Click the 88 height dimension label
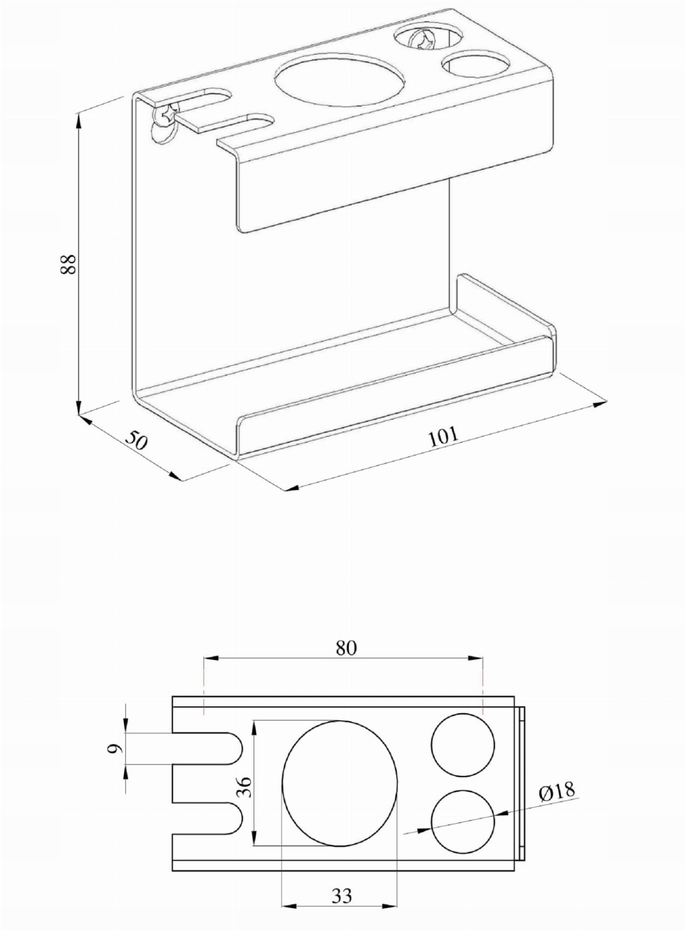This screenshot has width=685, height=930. tap(68, 264)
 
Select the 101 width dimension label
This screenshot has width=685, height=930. tap(444, 436)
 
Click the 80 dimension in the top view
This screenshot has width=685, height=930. tap(346, 648)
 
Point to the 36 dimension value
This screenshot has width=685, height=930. tap(244, 787)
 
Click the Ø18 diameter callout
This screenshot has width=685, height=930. tap(557, 791)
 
